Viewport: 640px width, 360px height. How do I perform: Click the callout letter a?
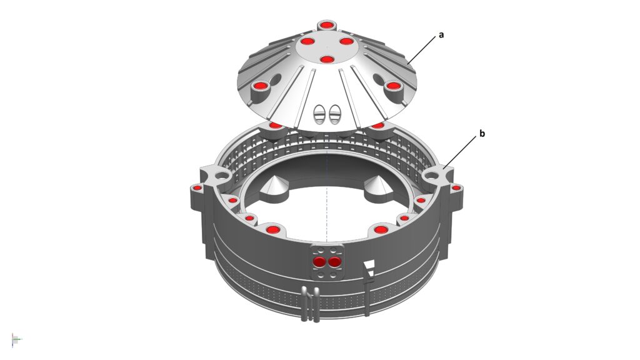point(441,35)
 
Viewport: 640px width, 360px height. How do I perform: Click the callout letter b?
point(482,134)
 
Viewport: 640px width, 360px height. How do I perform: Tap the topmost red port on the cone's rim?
point(326,26)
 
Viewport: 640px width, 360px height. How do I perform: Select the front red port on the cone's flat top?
point(326,60)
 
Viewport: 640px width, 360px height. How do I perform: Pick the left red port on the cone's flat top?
point(307,41)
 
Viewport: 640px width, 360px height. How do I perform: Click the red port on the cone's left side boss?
point(260,86)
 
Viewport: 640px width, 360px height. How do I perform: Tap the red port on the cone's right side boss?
point(393,86)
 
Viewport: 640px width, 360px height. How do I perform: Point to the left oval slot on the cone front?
point(319,114)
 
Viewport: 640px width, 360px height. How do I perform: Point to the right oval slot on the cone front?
point(334,114)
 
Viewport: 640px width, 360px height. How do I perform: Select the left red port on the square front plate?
point(319,262)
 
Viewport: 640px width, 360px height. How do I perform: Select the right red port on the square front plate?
point(334,262)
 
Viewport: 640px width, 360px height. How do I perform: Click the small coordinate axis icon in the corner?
point(16,339)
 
